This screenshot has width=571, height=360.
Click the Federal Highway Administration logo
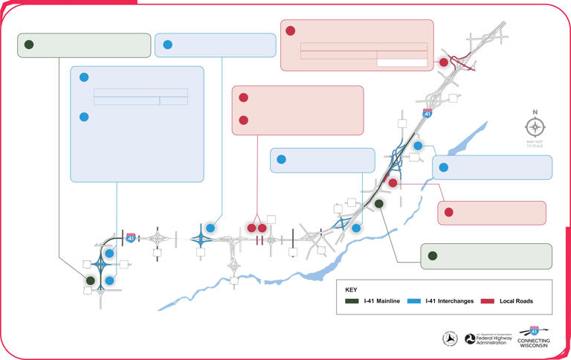(486, 338)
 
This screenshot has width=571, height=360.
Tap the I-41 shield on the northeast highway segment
(427, 113)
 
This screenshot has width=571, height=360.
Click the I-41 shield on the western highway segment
(131, 237)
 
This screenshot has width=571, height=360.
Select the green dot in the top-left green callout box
(28, 45)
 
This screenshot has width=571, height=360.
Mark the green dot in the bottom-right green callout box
(432, 256)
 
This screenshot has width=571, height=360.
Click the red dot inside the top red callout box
(291, 31)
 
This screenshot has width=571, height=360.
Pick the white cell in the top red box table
(402, 62)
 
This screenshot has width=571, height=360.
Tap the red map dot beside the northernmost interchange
(444, 62)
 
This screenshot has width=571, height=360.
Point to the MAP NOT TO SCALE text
(535, 143)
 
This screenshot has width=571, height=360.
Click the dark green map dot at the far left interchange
(91, 280)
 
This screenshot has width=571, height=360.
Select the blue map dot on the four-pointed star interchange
(210, 228)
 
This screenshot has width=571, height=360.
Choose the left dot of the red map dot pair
(251, 228)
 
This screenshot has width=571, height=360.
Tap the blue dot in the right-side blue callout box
(443, 167)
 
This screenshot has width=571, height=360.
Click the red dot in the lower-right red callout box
(449, 213)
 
